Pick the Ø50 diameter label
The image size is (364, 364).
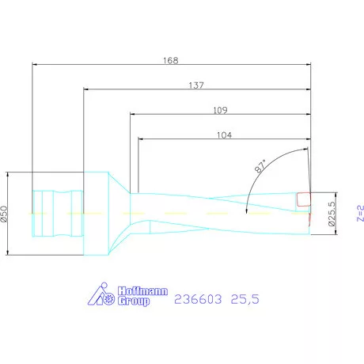pyautogui.click(x=5, y=214)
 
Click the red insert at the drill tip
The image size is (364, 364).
pyautogui.click(x=303, y=200)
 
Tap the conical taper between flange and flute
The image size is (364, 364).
pyautogui.click(x=121, y=214)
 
